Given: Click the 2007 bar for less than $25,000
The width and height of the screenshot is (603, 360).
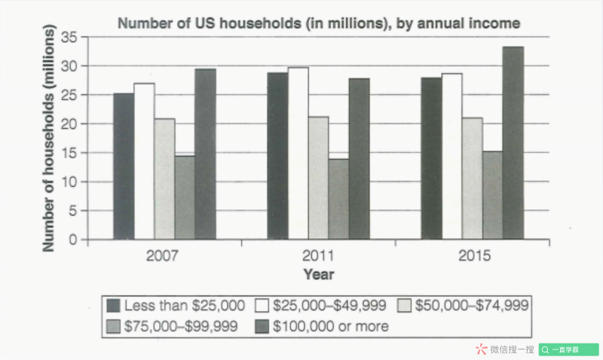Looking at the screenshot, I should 124,166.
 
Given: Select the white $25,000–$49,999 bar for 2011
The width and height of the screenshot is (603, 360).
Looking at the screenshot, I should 298,154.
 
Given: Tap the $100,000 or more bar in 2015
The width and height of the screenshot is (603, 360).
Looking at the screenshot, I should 513,143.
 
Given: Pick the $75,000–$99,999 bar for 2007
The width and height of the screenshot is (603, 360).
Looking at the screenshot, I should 185,197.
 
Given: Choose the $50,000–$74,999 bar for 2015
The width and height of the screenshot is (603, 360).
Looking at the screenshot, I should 473,178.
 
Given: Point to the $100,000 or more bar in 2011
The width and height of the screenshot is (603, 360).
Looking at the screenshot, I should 359,159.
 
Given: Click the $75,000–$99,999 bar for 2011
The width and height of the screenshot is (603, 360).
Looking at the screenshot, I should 338,199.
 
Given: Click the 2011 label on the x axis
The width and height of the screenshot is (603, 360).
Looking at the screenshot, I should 319,255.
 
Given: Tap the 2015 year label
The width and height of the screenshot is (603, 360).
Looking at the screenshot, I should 473,255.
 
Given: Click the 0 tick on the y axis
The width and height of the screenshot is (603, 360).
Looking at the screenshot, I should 73,240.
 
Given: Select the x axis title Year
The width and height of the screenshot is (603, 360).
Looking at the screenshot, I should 318,274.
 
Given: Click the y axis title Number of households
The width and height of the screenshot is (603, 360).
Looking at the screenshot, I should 49,138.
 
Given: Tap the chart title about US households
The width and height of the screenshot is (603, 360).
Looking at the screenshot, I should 319,23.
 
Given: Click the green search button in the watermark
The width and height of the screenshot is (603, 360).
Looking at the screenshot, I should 568,349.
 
